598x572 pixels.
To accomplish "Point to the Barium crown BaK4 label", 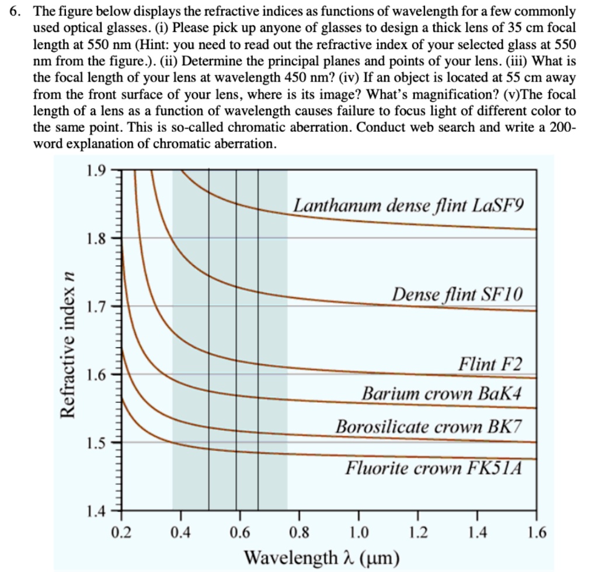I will click(x=441, y=393).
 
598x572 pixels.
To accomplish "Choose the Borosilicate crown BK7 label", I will click(x=427, y=426).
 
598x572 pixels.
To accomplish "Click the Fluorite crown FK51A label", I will click(x=432, y=468).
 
